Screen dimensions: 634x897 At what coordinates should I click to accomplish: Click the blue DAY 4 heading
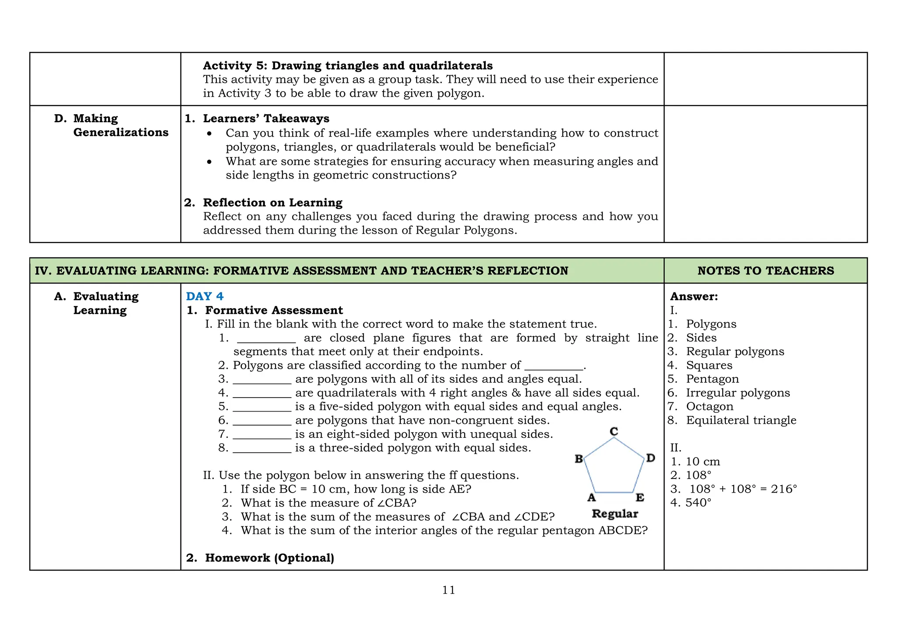pos(205,296)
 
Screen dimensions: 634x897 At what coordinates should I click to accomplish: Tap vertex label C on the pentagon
pos(614,431)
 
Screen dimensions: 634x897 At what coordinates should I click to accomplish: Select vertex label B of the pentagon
pos(579,459)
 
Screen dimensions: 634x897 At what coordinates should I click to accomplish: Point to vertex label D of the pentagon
pos(651,458)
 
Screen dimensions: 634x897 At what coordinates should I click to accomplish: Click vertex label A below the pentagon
pos(591,498)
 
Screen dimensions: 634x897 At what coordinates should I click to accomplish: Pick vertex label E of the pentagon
pos(640,498)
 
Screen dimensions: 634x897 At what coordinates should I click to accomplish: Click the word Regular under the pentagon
pos(615,514)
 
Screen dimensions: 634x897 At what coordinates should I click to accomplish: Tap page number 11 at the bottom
pos(448,590)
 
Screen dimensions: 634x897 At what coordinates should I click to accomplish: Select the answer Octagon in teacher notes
pos(710,407)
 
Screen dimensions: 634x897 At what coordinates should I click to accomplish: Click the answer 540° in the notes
pos(698,503)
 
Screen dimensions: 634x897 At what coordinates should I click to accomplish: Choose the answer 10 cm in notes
pos(703,461)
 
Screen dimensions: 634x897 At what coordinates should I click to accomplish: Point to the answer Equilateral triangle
pos(741,420)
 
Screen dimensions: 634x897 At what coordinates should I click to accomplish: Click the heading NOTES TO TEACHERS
pos(766,271)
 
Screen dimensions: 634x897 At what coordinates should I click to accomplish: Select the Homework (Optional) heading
pos(269,558)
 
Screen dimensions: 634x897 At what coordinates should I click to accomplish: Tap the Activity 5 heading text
pos(348,66)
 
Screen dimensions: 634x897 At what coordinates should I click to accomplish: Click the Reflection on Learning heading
pos(272,203)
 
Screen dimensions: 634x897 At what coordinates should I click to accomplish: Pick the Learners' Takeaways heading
pos(266,119)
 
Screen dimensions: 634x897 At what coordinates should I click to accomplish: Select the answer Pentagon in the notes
pos(712,379)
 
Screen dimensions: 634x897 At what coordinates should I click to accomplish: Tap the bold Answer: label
pos(694,296)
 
